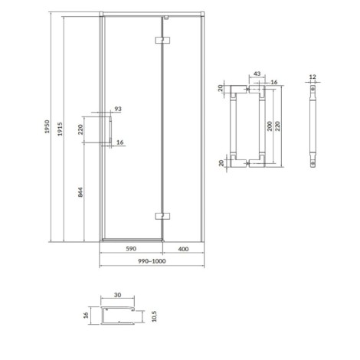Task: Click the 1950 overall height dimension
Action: [47, 126]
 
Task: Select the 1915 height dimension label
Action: [60, 129]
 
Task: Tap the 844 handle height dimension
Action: [80, 192]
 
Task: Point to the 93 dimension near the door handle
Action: [118, 109]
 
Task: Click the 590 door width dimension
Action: [131, 248]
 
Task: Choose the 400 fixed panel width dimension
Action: [183, 249]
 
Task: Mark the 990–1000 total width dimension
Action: [152, 261]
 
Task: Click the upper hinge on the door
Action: [163, 40]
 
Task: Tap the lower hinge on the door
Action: [163, 216]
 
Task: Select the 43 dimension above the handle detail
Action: [257, 74]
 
